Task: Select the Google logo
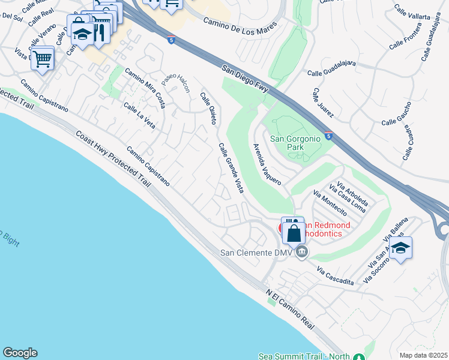click(x=20, y=353)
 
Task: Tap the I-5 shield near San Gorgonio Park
click(x=328, y=136)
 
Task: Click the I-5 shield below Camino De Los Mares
click(x=172, y=40)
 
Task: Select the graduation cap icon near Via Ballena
click(x=401, y=247)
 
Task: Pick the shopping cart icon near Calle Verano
click(x=43, y=58)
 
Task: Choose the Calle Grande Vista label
click(x=231, y=168)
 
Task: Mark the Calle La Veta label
click(x=139, y=116)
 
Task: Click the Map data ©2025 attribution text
click(x=423, y=355)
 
